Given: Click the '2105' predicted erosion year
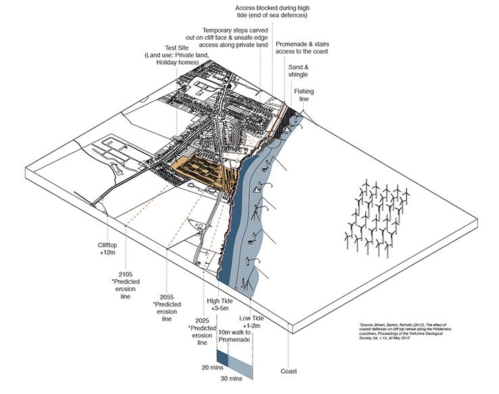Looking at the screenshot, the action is [x=125, y=275].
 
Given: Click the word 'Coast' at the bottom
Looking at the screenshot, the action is [x=290, y=370].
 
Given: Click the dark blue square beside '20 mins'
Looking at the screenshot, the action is [x=222, y=358].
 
